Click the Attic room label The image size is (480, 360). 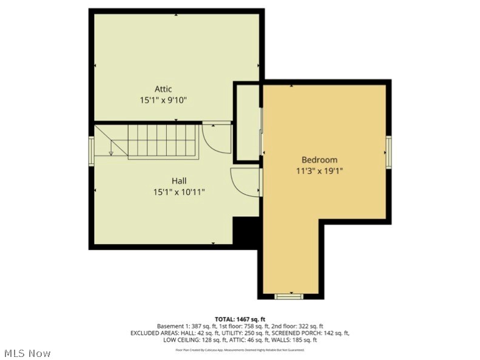click(163, 89)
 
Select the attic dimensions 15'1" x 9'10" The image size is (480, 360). click(163, 100)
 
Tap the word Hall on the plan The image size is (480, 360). click(178, 181)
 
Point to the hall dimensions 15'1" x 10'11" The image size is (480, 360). click(178, 192)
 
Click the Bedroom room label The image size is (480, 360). click(319, 160)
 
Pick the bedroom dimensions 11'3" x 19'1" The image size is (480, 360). click(319, 171)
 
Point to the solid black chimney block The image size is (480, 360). click(246, 231)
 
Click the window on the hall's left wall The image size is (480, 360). click(92, 151)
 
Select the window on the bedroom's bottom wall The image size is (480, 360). click(289, 296)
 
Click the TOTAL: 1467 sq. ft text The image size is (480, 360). click(240, 319)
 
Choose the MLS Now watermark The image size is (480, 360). click(27, 353)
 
